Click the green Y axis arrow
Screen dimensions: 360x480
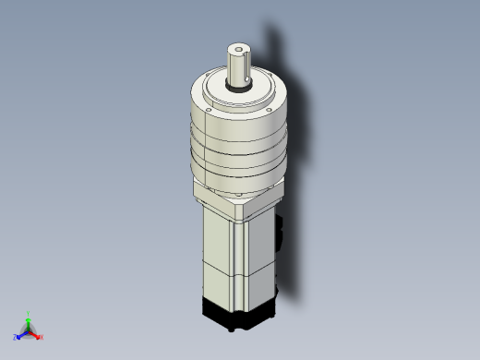(29, 320)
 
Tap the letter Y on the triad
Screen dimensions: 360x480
(29, 313)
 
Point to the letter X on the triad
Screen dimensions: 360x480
(42, 337)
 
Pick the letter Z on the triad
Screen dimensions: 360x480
(16, 337)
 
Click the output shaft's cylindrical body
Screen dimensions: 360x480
(239, 69)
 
